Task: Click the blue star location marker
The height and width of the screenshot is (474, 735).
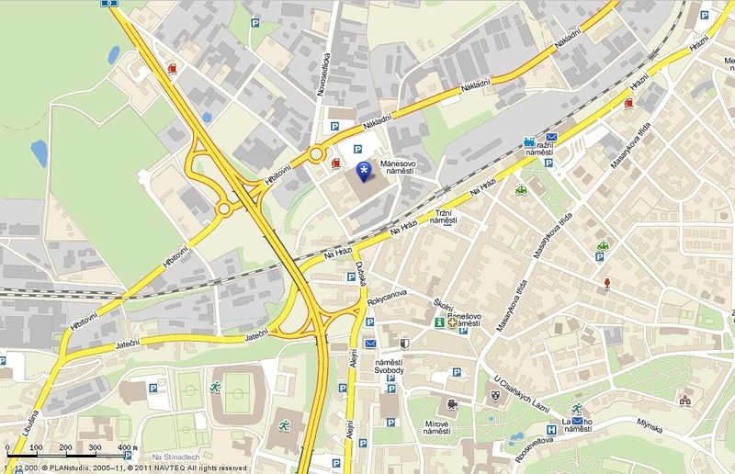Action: (x=365, y=169)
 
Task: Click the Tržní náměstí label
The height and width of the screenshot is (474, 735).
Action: (x=444, y=216)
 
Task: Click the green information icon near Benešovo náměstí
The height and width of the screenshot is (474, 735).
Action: (x=440, y=323)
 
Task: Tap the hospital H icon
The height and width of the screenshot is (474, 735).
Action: (x=552, y=429)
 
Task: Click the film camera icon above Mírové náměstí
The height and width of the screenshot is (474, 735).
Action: (x=451, y=404)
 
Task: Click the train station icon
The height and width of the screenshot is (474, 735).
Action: (x=528, y=143)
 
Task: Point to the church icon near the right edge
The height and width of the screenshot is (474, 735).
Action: (x=684, y=400)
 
